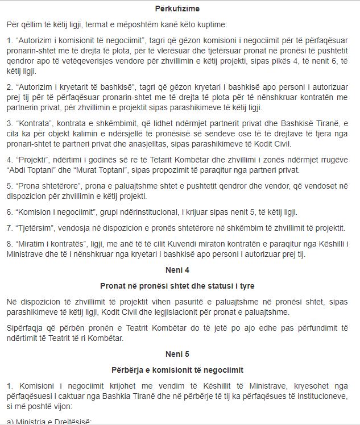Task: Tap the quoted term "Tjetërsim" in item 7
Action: click(x=34, y=227)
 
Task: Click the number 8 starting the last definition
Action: click(x=9, y=243)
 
